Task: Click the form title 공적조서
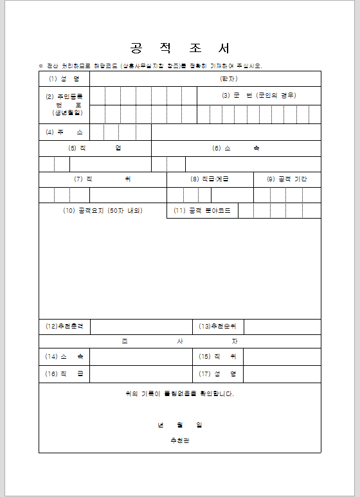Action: (x=180, y=49)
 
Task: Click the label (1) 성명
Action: (x=64, y=79)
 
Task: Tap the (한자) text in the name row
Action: (x=230, y=79)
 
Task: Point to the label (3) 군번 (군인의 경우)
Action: (x=259, y=95)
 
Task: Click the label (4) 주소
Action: (x=64, y=132)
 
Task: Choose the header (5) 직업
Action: (x=95, y=148)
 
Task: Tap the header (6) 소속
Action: (x=236, y=148)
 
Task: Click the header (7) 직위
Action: (x=102, y=179)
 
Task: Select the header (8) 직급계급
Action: (x=210, y=179)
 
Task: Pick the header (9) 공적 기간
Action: (x=287, y=179)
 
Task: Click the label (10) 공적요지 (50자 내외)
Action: (x=102, y=211)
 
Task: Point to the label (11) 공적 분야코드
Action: (x=202, y=211)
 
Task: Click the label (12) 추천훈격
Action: (x=64, y=327)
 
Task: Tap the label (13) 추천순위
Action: (x=218, y=327)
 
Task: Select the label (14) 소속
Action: (x=64, y=356)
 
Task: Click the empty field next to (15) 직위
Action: (x=282, y=356)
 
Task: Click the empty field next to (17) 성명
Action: (x=282, y=374)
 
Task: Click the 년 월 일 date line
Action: (x=180, y=425)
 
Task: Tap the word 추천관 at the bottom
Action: (x=180, y=440)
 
